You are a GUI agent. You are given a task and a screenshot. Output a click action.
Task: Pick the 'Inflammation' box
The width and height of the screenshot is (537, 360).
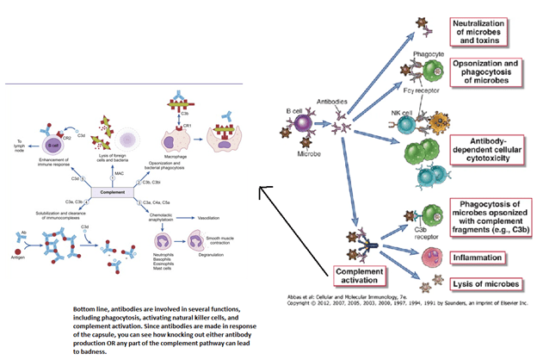(482, 258)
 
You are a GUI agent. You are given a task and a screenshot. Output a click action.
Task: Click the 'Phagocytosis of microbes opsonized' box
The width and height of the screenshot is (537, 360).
(487, 219)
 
